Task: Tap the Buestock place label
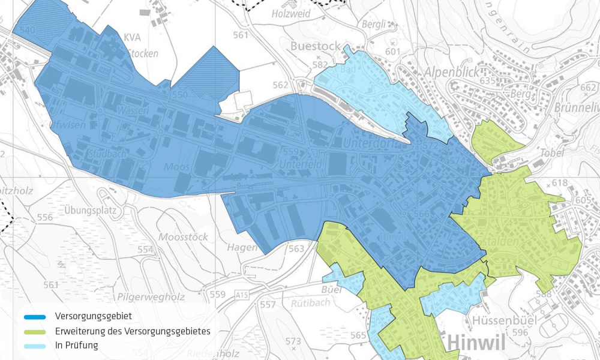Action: (x=315, y=46)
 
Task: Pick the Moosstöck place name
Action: (x=183, y=237)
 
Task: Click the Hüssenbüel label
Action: (x=499, y=319)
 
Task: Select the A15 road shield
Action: (x=242, y=295)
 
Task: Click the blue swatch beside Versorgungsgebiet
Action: (x=35, y=317)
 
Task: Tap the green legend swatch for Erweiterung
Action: (x=35, y=331)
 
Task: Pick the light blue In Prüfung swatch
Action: (x=35, y=346)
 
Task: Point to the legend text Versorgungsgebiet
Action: (x=93, y=316)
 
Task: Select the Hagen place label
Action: (x=242, y=247)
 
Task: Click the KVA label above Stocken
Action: (x=132, y=37)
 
